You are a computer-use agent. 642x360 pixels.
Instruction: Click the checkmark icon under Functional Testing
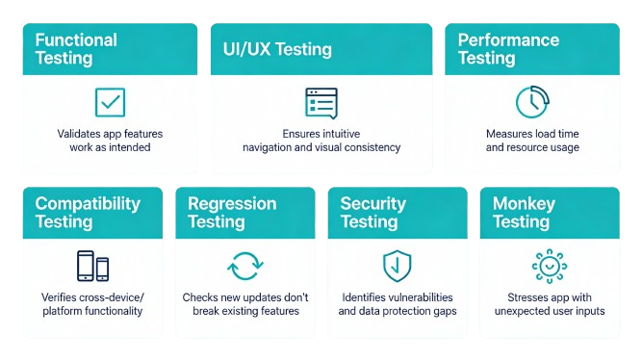pos(109,101)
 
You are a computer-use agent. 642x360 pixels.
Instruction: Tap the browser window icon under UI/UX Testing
pos(321,101)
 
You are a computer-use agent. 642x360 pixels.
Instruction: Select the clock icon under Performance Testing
pos(531,101)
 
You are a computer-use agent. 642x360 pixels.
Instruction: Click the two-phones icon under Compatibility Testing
pos(92,266)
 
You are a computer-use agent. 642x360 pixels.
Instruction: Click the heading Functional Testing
pos(76,49)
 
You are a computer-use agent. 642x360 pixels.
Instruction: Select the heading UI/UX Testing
pos(277,49)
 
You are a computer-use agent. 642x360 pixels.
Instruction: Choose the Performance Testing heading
pos(508,49)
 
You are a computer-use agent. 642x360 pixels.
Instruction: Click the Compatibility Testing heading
pos(88,213)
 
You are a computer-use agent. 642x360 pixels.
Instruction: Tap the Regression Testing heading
pos(232,213)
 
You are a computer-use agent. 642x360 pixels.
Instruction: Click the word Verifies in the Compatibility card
pos(64,296)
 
